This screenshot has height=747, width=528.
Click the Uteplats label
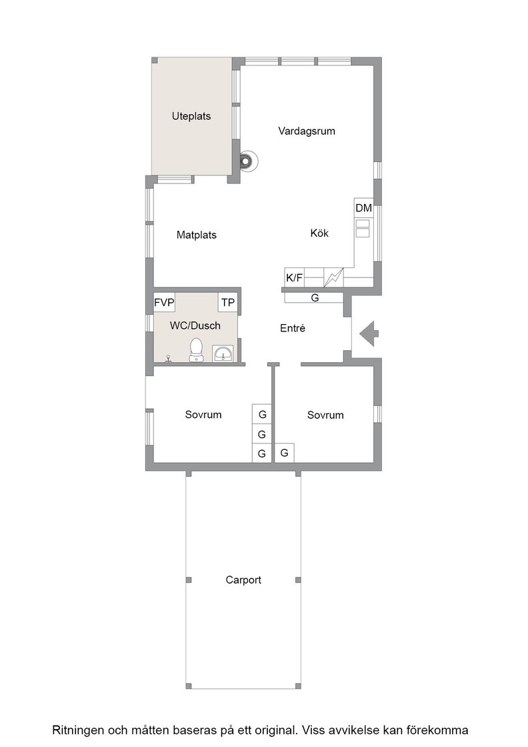click(191, 116)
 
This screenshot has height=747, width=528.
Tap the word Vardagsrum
click(307, 131)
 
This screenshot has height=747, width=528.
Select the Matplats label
click(196, 235)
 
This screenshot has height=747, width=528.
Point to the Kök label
click(319, 233)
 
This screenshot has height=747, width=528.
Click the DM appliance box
click(364, 207)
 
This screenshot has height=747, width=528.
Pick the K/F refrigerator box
click(294, 277)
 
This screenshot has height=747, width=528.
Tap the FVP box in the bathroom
click(164, 303)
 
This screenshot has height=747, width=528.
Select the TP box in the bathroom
click(228, 303)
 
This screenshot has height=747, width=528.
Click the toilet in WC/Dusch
click(196, 349)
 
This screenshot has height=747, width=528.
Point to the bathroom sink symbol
click(223, 353)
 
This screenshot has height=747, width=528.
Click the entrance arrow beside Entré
click(369, 333)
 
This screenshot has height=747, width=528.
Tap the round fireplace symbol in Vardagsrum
click(247, 161)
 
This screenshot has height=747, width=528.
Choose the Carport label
click(243, 580)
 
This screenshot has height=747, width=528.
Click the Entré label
click(292, 328)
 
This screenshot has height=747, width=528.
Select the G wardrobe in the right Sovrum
click(284, 453)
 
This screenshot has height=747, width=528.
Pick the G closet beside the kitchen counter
click(314, 297)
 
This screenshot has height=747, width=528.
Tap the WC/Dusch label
click(195, 326)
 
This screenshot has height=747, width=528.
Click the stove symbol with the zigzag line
click(334, 277)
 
